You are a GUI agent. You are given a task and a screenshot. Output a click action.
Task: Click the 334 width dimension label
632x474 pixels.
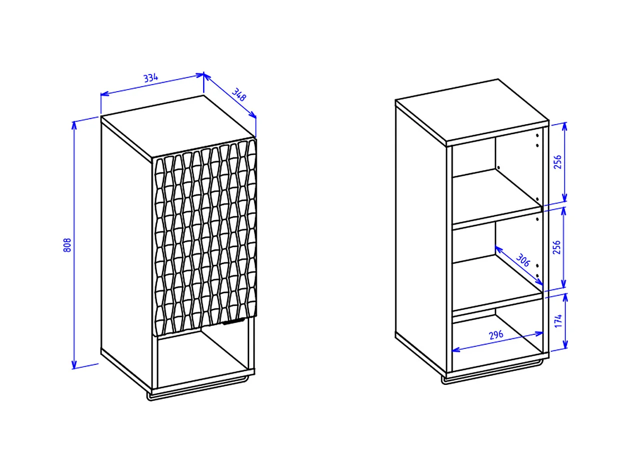151,78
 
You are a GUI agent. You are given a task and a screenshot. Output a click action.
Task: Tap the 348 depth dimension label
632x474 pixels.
239,95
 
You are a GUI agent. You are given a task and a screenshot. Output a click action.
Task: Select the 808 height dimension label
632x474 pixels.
67,245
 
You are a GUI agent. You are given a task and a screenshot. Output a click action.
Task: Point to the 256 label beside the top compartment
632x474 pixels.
558,162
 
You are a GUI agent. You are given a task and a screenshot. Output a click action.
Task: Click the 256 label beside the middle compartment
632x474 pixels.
557,247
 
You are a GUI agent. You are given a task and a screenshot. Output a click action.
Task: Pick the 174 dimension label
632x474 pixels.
558,321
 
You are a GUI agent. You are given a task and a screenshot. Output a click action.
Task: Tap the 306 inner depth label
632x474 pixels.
522,260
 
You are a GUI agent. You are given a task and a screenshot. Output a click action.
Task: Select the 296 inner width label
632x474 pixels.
496,335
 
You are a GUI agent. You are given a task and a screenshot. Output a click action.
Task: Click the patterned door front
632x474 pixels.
204,237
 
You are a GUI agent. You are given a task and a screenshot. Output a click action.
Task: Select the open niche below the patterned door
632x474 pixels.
203,357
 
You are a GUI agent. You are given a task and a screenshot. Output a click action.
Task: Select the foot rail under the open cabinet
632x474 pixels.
492,372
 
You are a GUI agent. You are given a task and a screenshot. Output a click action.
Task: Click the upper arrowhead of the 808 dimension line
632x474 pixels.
74,125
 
